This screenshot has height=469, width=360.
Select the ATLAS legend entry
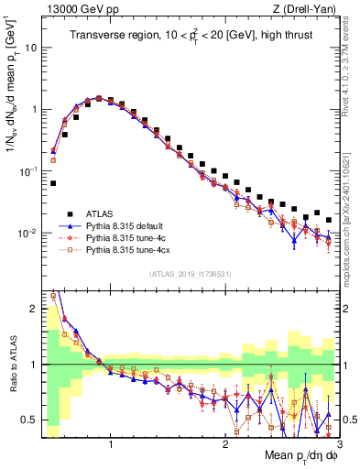point(98,211)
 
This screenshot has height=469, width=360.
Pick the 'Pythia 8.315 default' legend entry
point(128,224)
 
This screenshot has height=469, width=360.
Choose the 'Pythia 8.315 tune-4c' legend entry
point(128,236)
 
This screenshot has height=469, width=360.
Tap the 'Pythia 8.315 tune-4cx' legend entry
point(130,249)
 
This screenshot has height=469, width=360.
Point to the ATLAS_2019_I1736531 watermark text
point(190,274)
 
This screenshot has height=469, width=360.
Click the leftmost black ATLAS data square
point(53,183)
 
